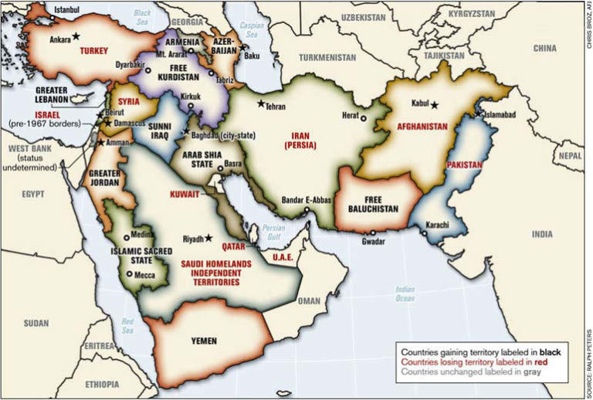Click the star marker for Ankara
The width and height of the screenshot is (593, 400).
tap(76, 36)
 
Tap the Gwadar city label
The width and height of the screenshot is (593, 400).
tap(374, 241)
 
